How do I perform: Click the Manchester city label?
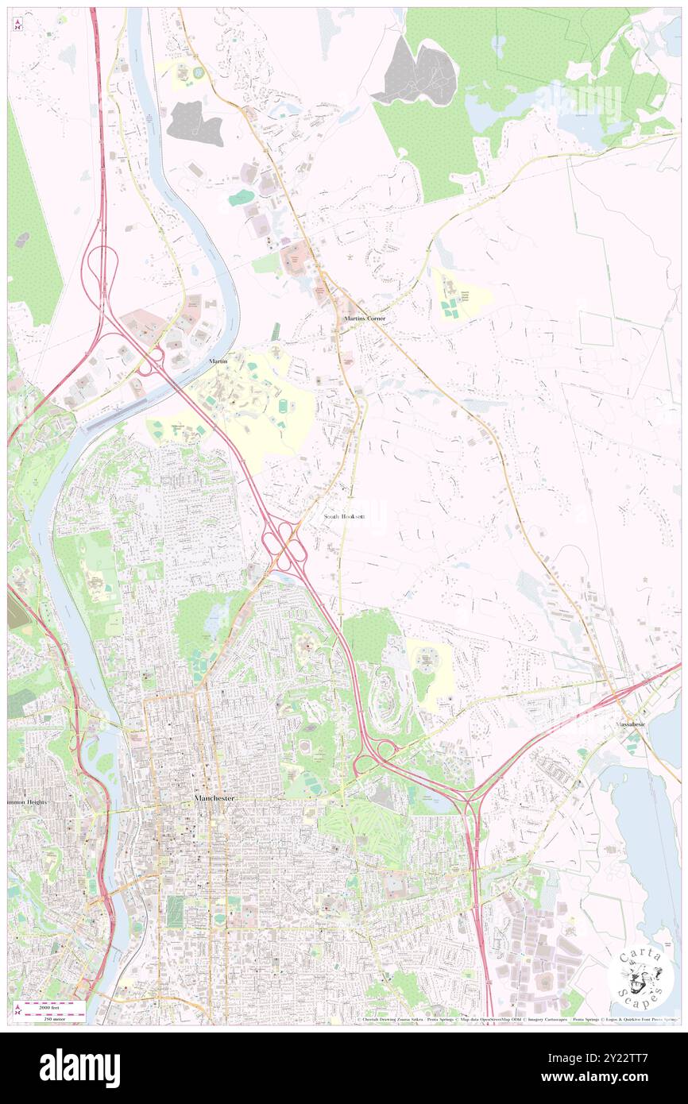(x=214, y=797)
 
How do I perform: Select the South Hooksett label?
(x=345, y=516)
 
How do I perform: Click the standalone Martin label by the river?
(x=218, y=361)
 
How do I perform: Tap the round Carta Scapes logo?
(x=640, y=978)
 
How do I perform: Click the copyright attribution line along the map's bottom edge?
(x=516, y=1020)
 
